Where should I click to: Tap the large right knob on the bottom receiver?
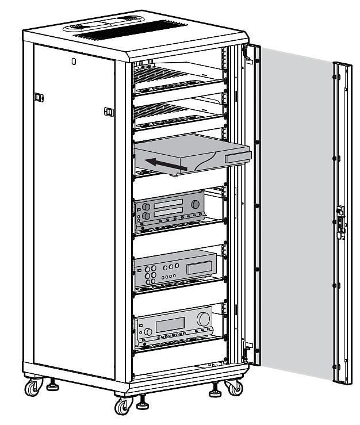coord(204,319)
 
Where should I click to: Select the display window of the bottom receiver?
coord(170,325)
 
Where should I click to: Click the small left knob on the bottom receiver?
coord(148,332)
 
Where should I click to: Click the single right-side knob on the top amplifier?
coord(196,204)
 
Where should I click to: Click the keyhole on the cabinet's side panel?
coord(74,60)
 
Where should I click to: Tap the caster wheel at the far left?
coord(33,388)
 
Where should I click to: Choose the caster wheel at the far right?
coord(235,387)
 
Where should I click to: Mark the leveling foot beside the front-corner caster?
coord(142,404)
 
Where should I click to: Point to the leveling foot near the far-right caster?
coord(216,392)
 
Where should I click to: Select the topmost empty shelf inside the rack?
coord(173,78)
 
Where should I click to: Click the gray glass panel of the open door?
coord(296,213)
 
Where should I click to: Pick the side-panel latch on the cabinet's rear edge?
coord(39,97)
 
